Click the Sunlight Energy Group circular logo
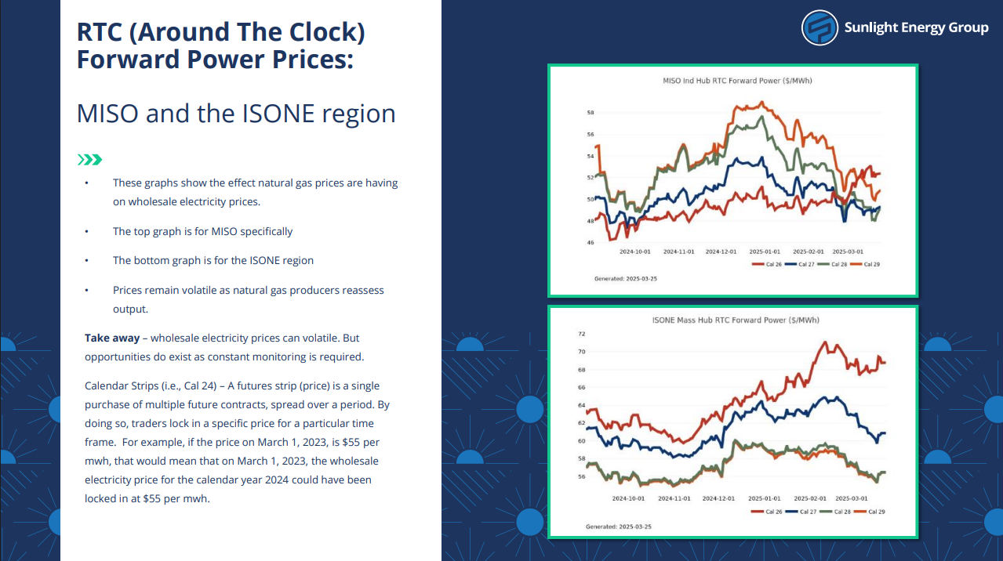[x=819, y=27]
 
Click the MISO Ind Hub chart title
[x=737, y=81]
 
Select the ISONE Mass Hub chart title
[x=736, y=320]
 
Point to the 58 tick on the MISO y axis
[x=591, y=112]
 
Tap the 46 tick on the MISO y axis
[x=591, y=242]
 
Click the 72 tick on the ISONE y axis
[x=581, y=334]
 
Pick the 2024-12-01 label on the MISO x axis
[x=721, y=252]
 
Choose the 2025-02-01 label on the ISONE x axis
[x=810, y=498]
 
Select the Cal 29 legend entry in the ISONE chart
[x=870, y=512]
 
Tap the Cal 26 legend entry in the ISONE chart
[x=767, y=512]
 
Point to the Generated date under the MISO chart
[x=626, y=278]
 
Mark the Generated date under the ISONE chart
[x=619, y=527]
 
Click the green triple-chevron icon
[x=89, y=160]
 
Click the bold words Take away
[x=112, y=338]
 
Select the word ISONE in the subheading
[x=278, y=113]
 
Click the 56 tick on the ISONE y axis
[x=581, y=476]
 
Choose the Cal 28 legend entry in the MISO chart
[x=832, y=264]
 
